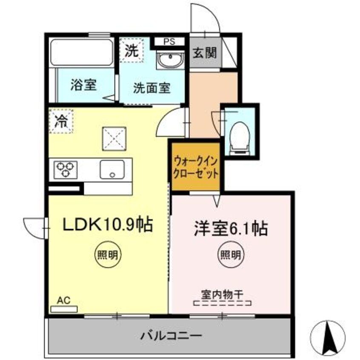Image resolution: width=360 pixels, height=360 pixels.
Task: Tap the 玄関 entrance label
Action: [205, 53]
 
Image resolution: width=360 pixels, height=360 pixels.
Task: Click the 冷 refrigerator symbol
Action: [61, 121]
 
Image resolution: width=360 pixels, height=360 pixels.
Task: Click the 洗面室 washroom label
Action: [152, 88]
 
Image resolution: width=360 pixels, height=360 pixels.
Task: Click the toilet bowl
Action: [239, 136]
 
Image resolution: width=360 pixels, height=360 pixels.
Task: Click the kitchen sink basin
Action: [112, 169]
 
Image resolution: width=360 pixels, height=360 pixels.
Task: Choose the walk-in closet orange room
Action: [196, 167]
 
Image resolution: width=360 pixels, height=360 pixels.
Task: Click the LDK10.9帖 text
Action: [108, 224]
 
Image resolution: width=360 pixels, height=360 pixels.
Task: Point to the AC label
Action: [63, 300]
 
